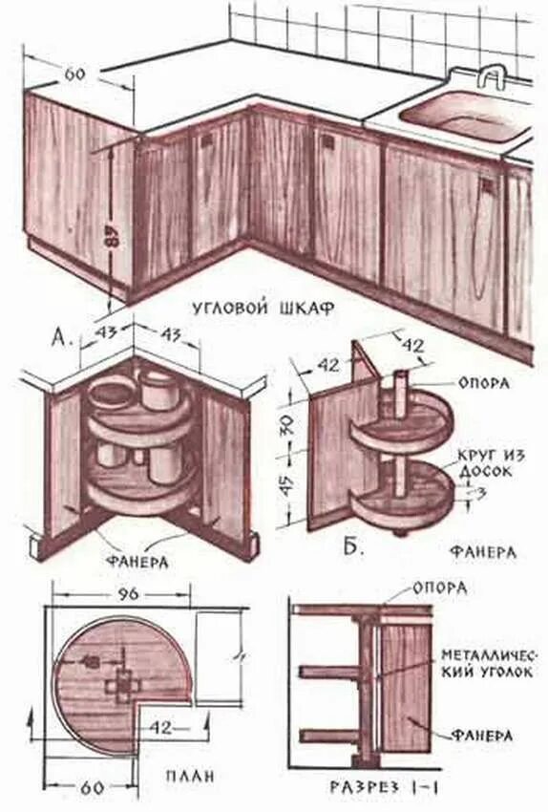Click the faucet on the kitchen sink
(493, 77)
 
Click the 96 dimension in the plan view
(129, 593)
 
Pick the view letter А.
(61, 337)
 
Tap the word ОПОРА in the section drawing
(440, 588)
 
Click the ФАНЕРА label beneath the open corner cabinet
(139, 562)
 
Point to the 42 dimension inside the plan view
(162, 728)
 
